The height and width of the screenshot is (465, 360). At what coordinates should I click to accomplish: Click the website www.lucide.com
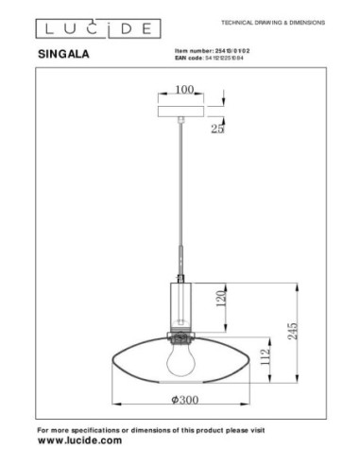coord(79,440)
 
